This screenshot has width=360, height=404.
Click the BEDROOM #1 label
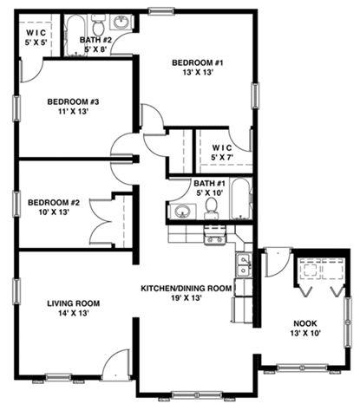[198, 62]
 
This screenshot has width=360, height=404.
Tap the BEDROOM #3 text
[73, 101]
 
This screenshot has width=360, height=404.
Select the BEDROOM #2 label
[54, 203]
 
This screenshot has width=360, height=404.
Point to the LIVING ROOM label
[74, 303]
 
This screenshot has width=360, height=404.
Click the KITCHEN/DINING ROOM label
[187, 289]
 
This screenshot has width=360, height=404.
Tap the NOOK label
[305, 323]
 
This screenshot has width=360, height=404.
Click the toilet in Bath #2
[99, 25]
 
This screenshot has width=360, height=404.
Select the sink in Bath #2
[121, 22]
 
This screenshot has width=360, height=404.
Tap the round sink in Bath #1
[182, 212]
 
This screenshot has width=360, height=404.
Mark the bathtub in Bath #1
[240, 199]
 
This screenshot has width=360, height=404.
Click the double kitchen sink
[243, 265]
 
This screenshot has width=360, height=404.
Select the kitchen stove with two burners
[214, 235]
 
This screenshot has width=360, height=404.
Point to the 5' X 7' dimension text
[222, 157]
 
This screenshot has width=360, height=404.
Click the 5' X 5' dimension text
[36, 42]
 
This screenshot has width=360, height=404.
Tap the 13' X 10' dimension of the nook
[305, 333]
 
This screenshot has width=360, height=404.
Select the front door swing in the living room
[115, 365]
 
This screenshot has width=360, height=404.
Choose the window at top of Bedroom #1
[161, 11]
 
